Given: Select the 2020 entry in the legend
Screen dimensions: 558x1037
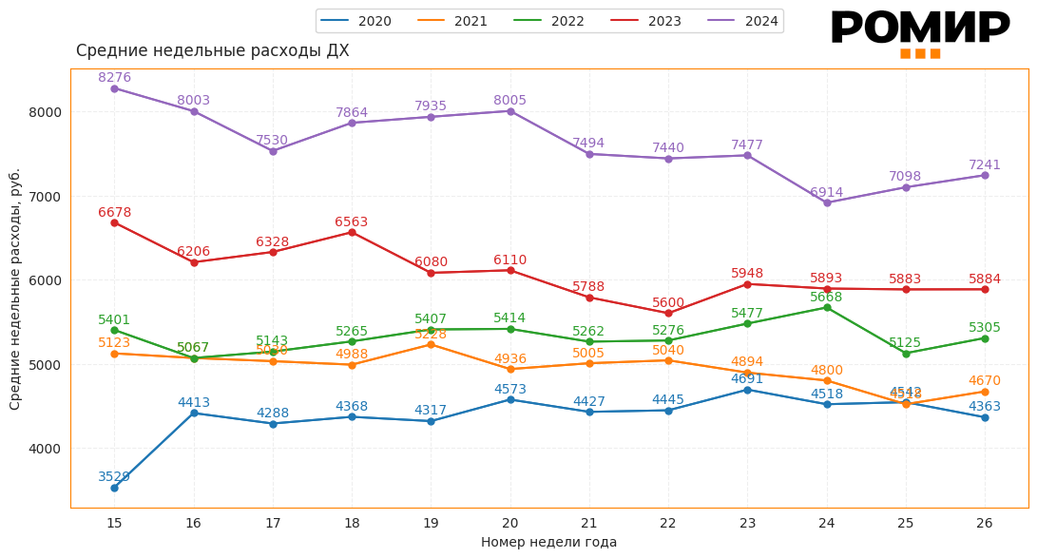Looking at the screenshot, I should click(x=358, y=21).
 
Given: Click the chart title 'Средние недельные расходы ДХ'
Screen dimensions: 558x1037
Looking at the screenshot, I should click(x=212, y=51).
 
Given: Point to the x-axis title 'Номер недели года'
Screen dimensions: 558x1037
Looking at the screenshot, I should click(x=548, y=542).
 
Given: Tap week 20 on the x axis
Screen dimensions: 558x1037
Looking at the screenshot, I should click(x=510, y=523).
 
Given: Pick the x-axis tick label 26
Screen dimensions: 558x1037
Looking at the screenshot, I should click(x=985, y=523).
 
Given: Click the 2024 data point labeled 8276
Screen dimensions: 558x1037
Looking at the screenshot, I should click(x=114, y=88).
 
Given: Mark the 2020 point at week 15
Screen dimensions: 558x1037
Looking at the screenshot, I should click(x=114, y=488).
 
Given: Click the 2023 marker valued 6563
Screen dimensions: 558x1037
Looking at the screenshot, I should click(x=352, y=232).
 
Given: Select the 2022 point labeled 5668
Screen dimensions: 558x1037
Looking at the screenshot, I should click(x=827, y=307).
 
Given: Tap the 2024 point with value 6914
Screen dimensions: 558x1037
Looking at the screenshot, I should click(x=827, y=202).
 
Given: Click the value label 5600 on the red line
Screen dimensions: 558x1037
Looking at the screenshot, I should click(x=668, y=303).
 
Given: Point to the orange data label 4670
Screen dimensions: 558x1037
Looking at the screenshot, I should click(x=985, y=381).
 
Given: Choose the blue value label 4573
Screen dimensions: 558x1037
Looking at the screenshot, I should click(x=510, y=390).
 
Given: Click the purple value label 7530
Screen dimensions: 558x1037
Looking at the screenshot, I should click(x=273, y=141).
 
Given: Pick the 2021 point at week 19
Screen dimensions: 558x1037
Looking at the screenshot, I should click(x=431, y=344).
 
